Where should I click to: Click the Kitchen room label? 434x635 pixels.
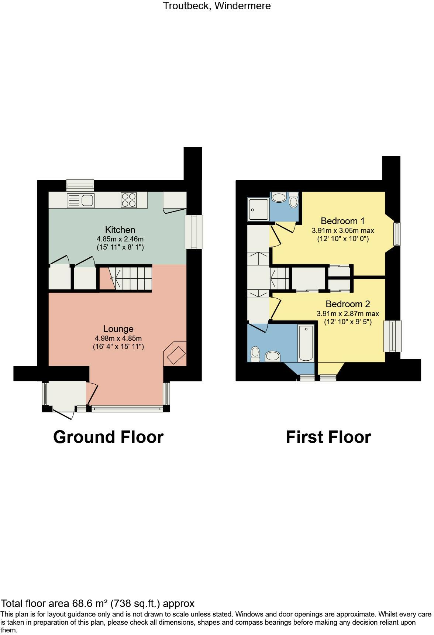click(x=120, y=230)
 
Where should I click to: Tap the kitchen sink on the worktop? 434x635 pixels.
click(x=80, y=201)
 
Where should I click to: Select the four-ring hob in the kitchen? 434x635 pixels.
click(x=128, y=200)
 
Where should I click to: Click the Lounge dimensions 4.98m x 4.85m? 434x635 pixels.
click(x=118, y=338)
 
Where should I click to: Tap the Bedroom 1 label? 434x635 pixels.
click(x=342, y=221)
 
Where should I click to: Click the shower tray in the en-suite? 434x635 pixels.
click(x=258, y=209)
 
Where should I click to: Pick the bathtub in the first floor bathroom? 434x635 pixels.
click(x=306, y=343)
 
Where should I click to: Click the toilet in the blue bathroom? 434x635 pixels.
click(x=255, y=354)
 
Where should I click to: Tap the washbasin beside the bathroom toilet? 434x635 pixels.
click(x=273, y=356)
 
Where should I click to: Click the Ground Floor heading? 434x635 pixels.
click(x=108, y=437)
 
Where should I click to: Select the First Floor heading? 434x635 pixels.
click(x=328, y=437)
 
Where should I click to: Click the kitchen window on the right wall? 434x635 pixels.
click(x=194, y=232)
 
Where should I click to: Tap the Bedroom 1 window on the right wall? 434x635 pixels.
click(x=397, y=234)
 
